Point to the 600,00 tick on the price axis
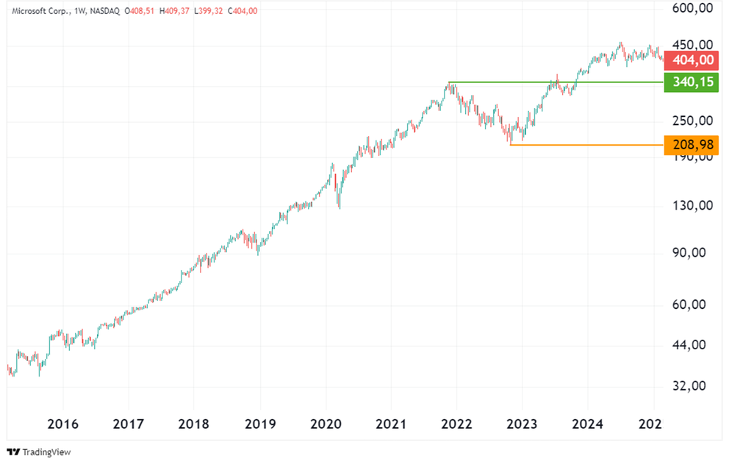coord(693,9)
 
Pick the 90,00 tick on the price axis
coord(693,253)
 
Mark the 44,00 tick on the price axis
coord(693,345)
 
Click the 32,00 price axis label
coord(693,386)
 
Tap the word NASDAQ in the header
coord(104,11)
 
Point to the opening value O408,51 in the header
coord(143,11)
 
